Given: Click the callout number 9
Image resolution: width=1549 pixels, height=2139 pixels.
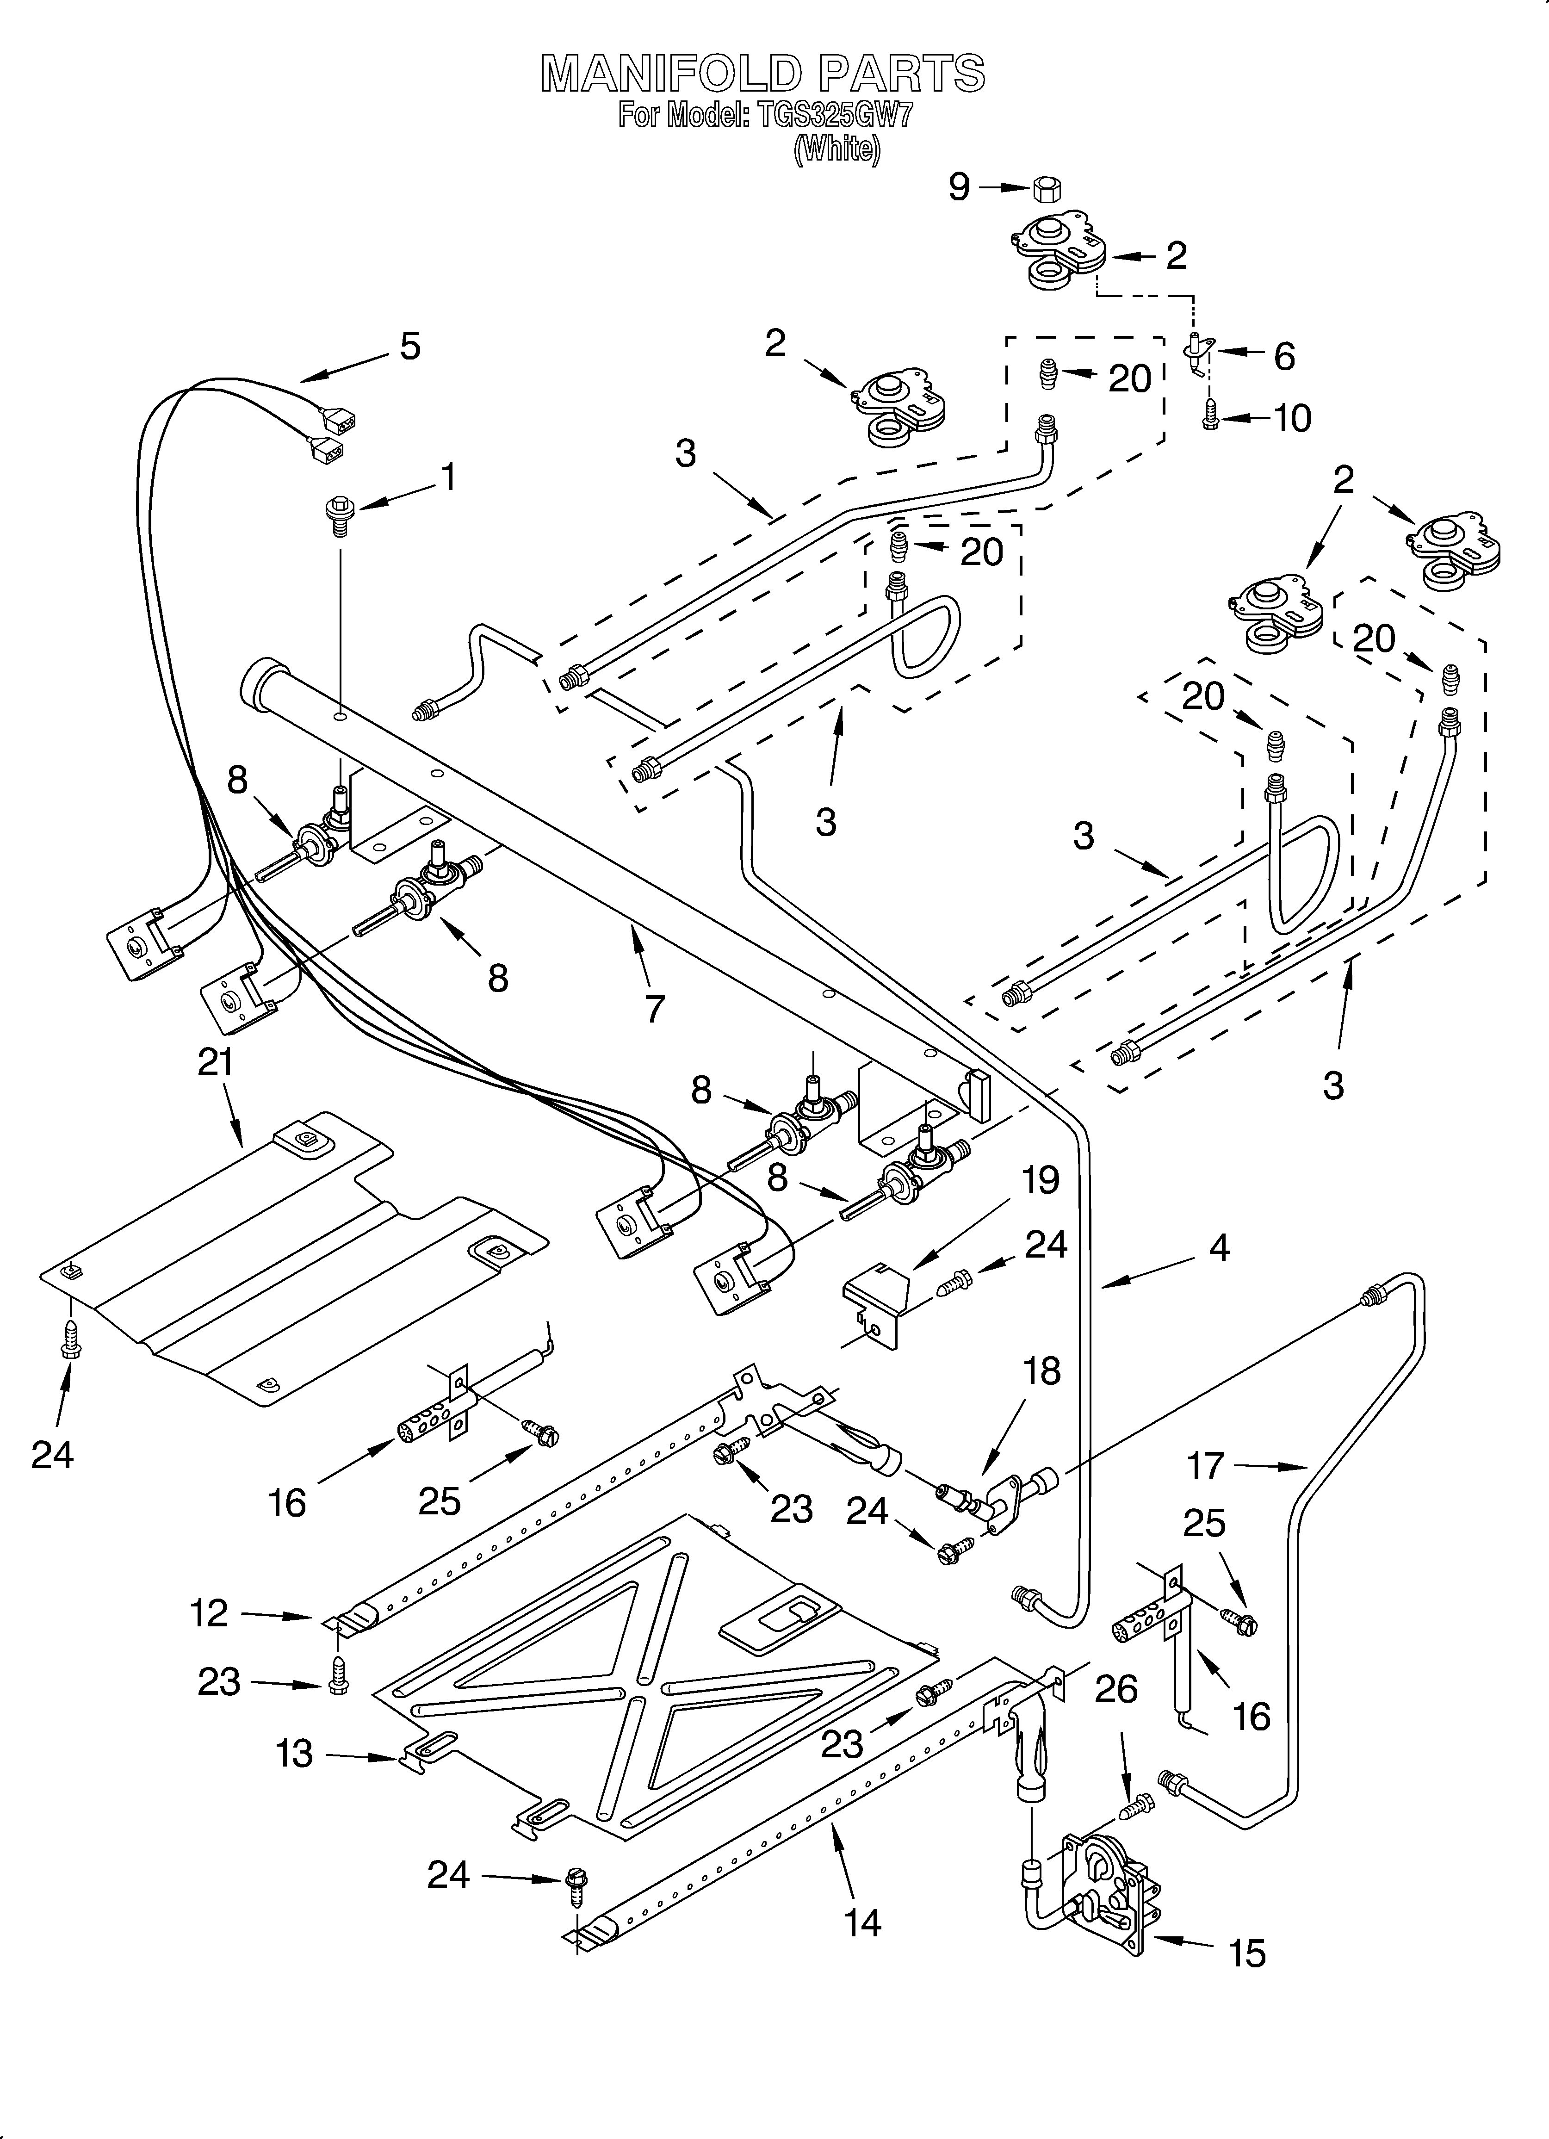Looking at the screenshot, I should [959, 187].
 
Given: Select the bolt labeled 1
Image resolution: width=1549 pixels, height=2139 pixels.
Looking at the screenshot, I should [338, 514].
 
